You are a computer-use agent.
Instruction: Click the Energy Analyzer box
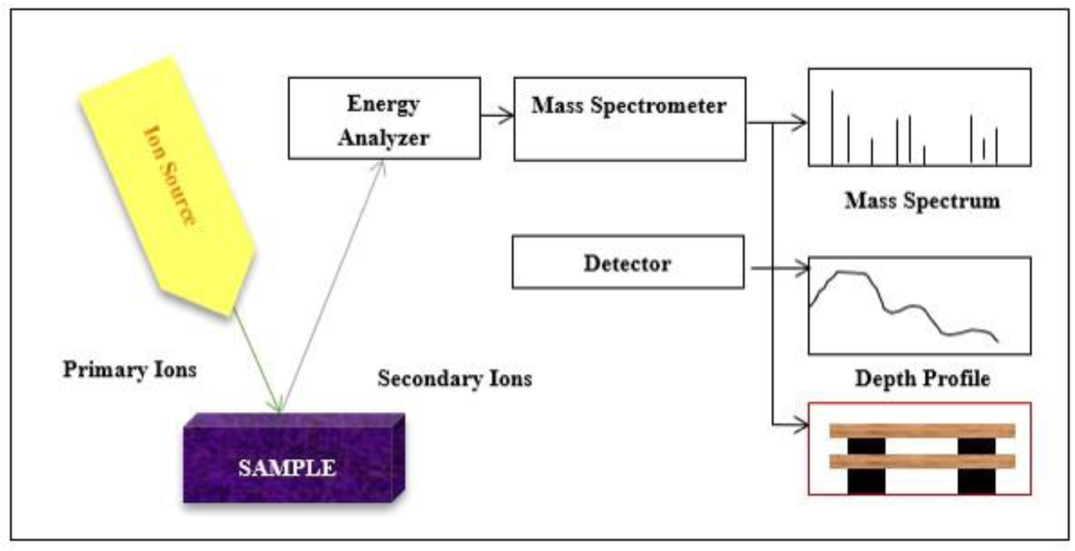384,117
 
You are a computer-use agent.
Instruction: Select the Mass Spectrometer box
629,118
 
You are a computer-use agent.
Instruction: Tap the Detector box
627,262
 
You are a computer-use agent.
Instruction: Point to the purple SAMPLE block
292,460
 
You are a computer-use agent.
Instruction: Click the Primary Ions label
129,369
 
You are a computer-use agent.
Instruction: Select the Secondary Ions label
455,378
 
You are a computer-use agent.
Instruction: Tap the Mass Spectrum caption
922,200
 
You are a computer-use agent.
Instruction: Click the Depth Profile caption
922,379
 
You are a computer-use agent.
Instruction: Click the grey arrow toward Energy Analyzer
334,284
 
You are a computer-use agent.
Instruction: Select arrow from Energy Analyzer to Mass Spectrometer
496,115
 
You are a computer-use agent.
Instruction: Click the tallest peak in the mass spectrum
832,127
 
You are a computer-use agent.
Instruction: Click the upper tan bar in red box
922,431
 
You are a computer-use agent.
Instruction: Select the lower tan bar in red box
922,461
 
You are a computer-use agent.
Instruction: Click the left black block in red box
866,479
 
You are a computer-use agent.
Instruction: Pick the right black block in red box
976,479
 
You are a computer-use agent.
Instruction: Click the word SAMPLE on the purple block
287,469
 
